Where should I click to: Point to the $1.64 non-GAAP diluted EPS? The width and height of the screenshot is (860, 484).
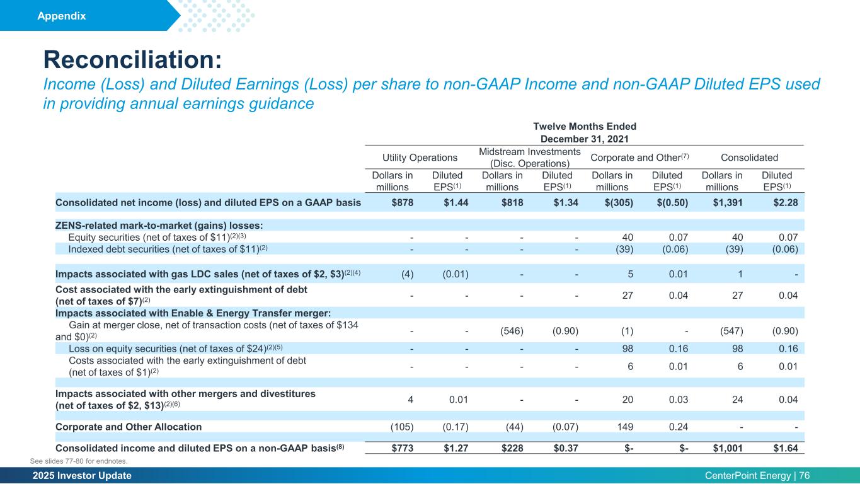pos(786,449)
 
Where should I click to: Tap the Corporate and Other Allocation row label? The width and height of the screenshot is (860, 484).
pos(129,427)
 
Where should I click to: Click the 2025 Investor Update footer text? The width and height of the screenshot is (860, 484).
pos(81,476)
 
